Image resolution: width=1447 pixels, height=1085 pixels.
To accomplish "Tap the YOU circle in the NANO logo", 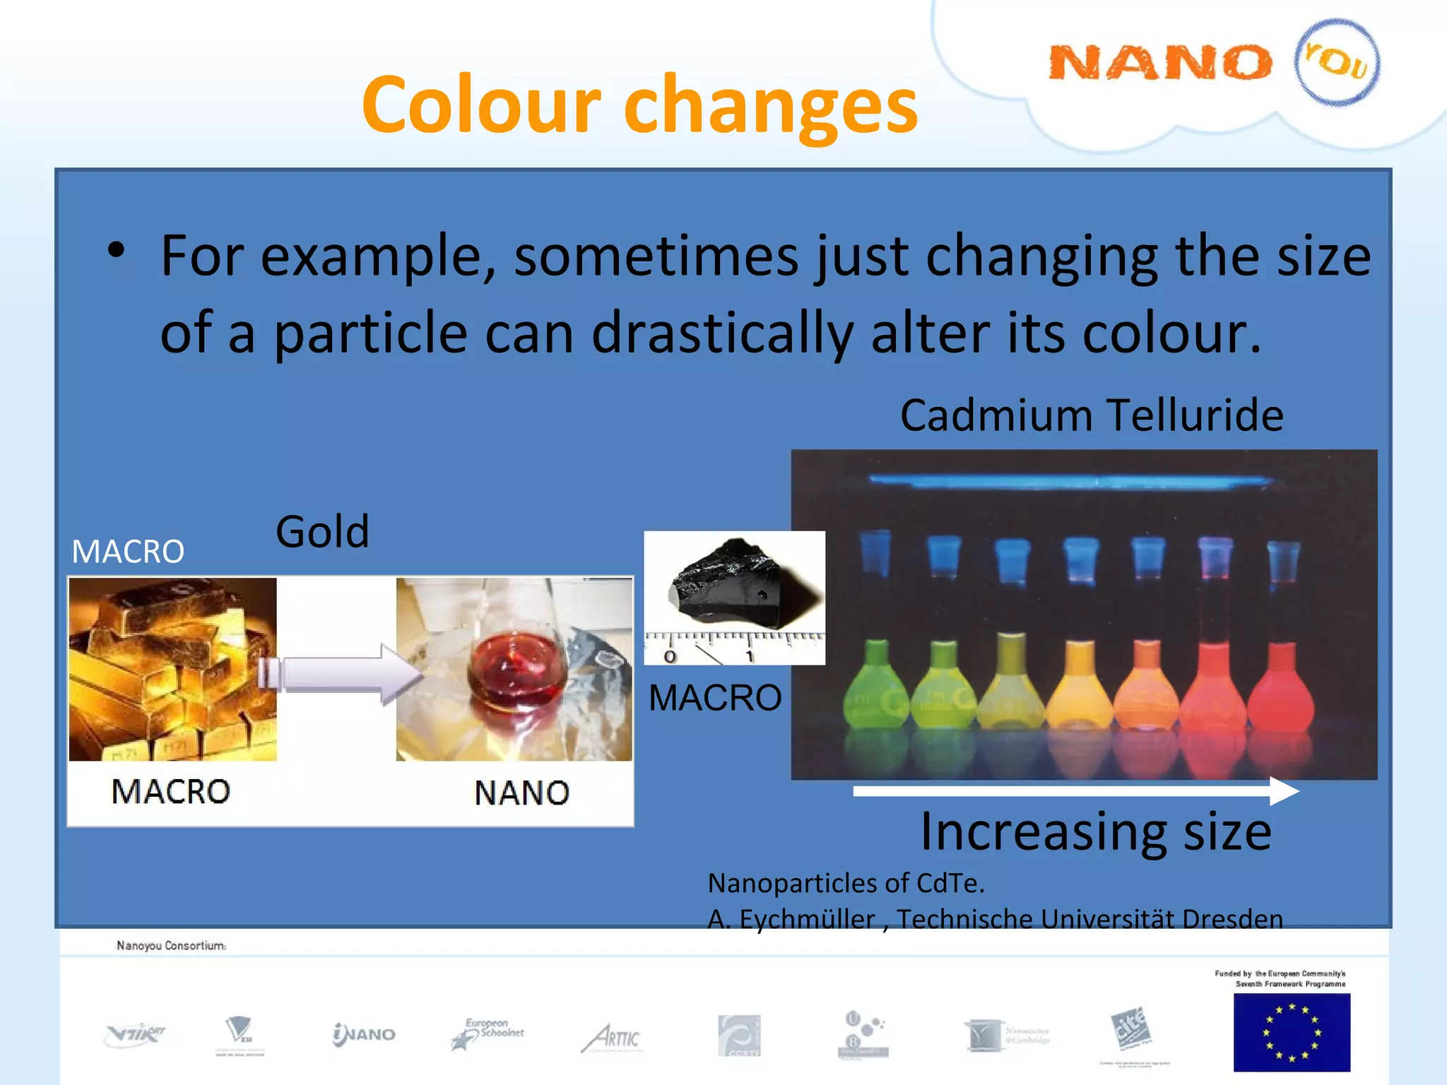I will tap(1336, 63).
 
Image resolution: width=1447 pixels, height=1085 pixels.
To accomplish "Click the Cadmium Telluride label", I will tap(1092, 415).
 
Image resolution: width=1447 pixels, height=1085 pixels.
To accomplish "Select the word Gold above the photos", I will tap(322, 531).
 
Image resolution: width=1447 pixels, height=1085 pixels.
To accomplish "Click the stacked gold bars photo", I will tap(172, 668).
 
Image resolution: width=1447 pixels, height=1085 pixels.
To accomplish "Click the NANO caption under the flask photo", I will tap(521, 793).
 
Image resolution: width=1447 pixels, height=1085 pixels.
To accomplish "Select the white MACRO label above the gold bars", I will tap(128, 552).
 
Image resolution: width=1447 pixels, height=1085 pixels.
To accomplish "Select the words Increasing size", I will tap(1095, 832).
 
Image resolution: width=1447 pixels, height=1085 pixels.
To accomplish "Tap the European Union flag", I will tap(1291, 1032).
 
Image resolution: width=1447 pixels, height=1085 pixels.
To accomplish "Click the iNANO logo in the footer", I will tap(364, 1035).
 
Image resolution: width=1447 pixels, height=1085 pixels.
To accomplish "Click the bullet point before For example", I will tap(117, 250).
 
